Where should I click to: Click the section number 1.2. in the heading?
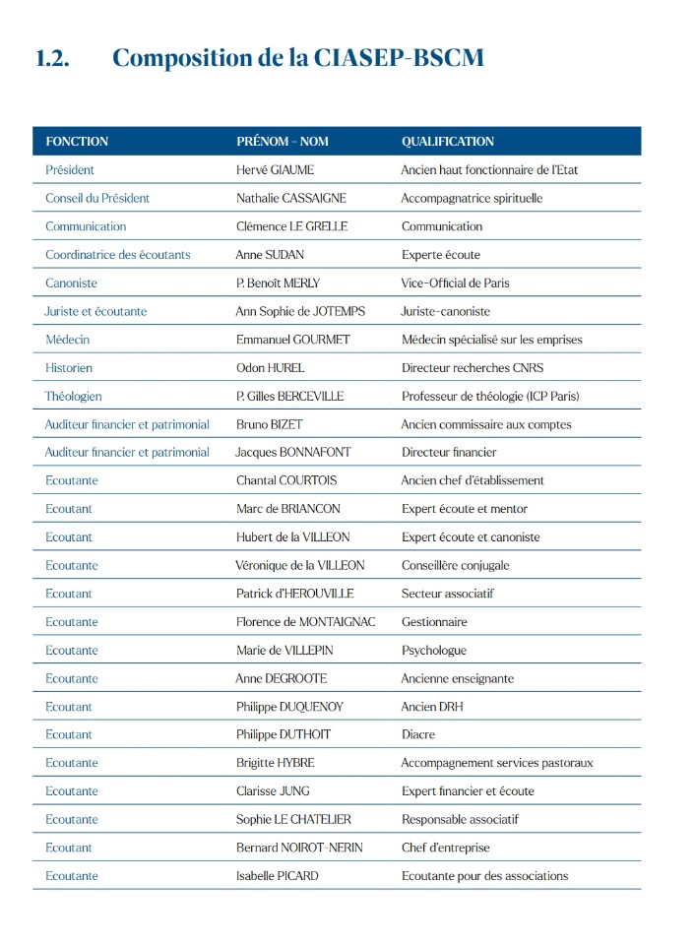coord(52,58)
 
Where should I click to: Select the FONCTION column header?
coord(77,142)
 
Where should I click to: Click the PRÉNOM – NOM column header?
coord(283,142)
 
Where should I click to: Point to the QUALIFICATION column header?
coord(448,142)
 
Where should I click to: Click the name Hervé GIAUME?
coord(275,170)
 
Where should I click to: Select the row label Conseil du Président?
coord(97,198)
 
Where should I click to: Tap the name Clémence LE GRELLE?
coord(292,226)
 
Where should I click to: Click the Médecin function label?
coord(67,340)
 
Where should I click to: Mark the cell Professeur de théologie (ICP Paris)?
coord(490,397)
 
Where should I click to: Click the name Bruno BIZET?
coord(270,425)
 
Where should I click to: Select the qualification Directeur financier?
coord(449,453)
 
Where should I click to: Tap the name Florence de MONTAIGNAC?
coord(306,622)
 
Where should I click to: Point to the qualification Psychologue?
coord(434,651)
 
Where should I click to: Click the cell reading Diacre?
coord(418,735)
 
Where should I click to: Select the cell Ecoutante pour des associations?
coord(484,876)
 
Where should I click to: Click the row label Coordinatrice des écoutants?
coord(118,255)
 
